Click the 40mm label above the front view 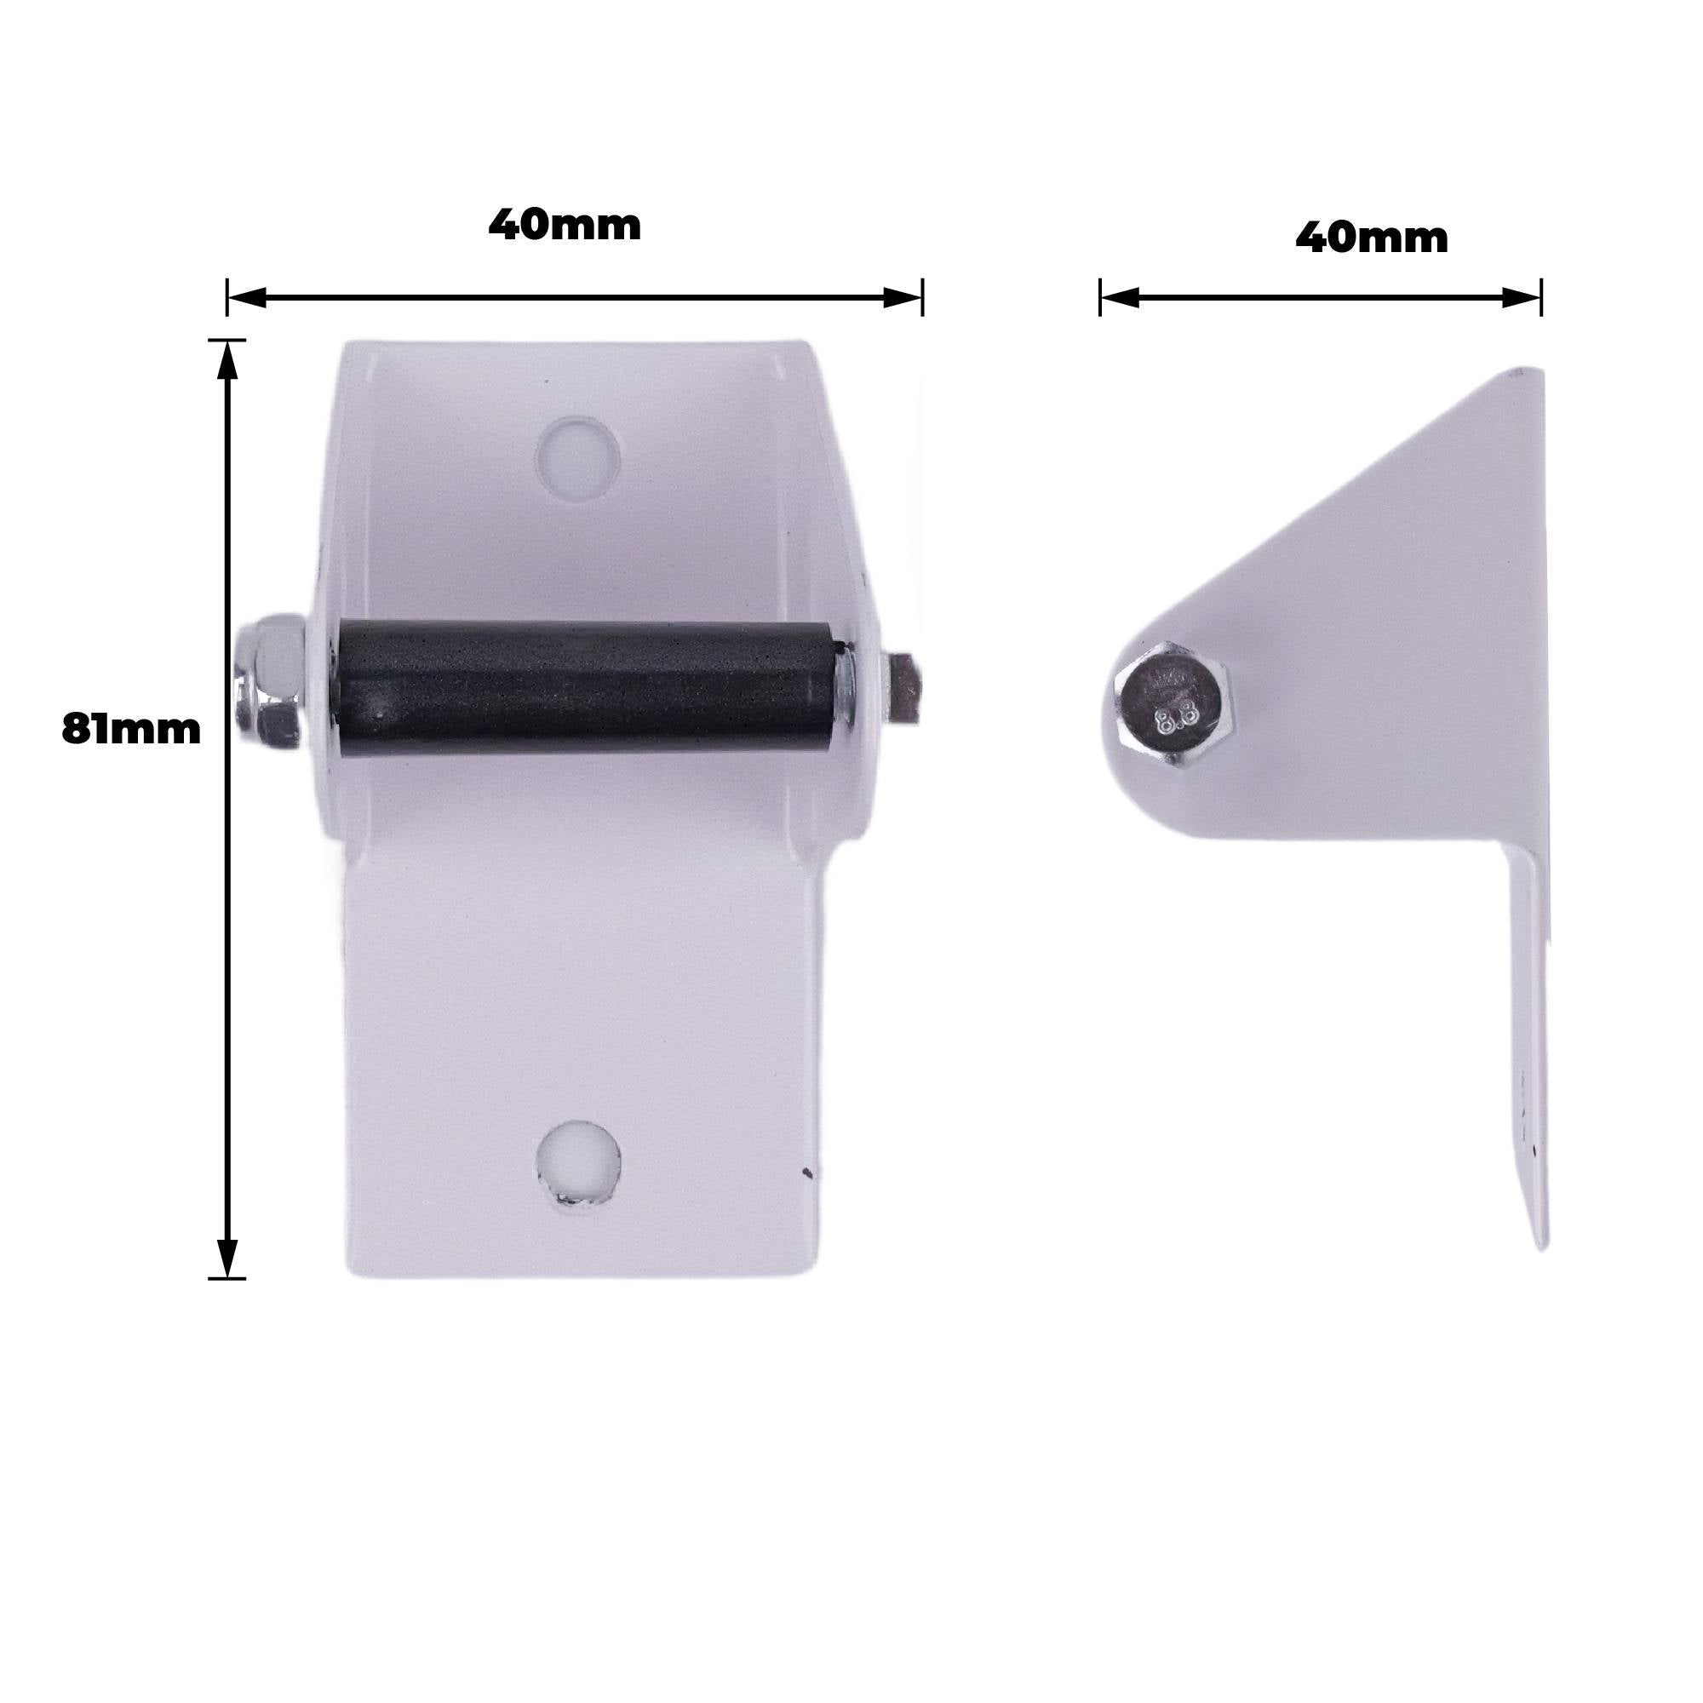[565, 225]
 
